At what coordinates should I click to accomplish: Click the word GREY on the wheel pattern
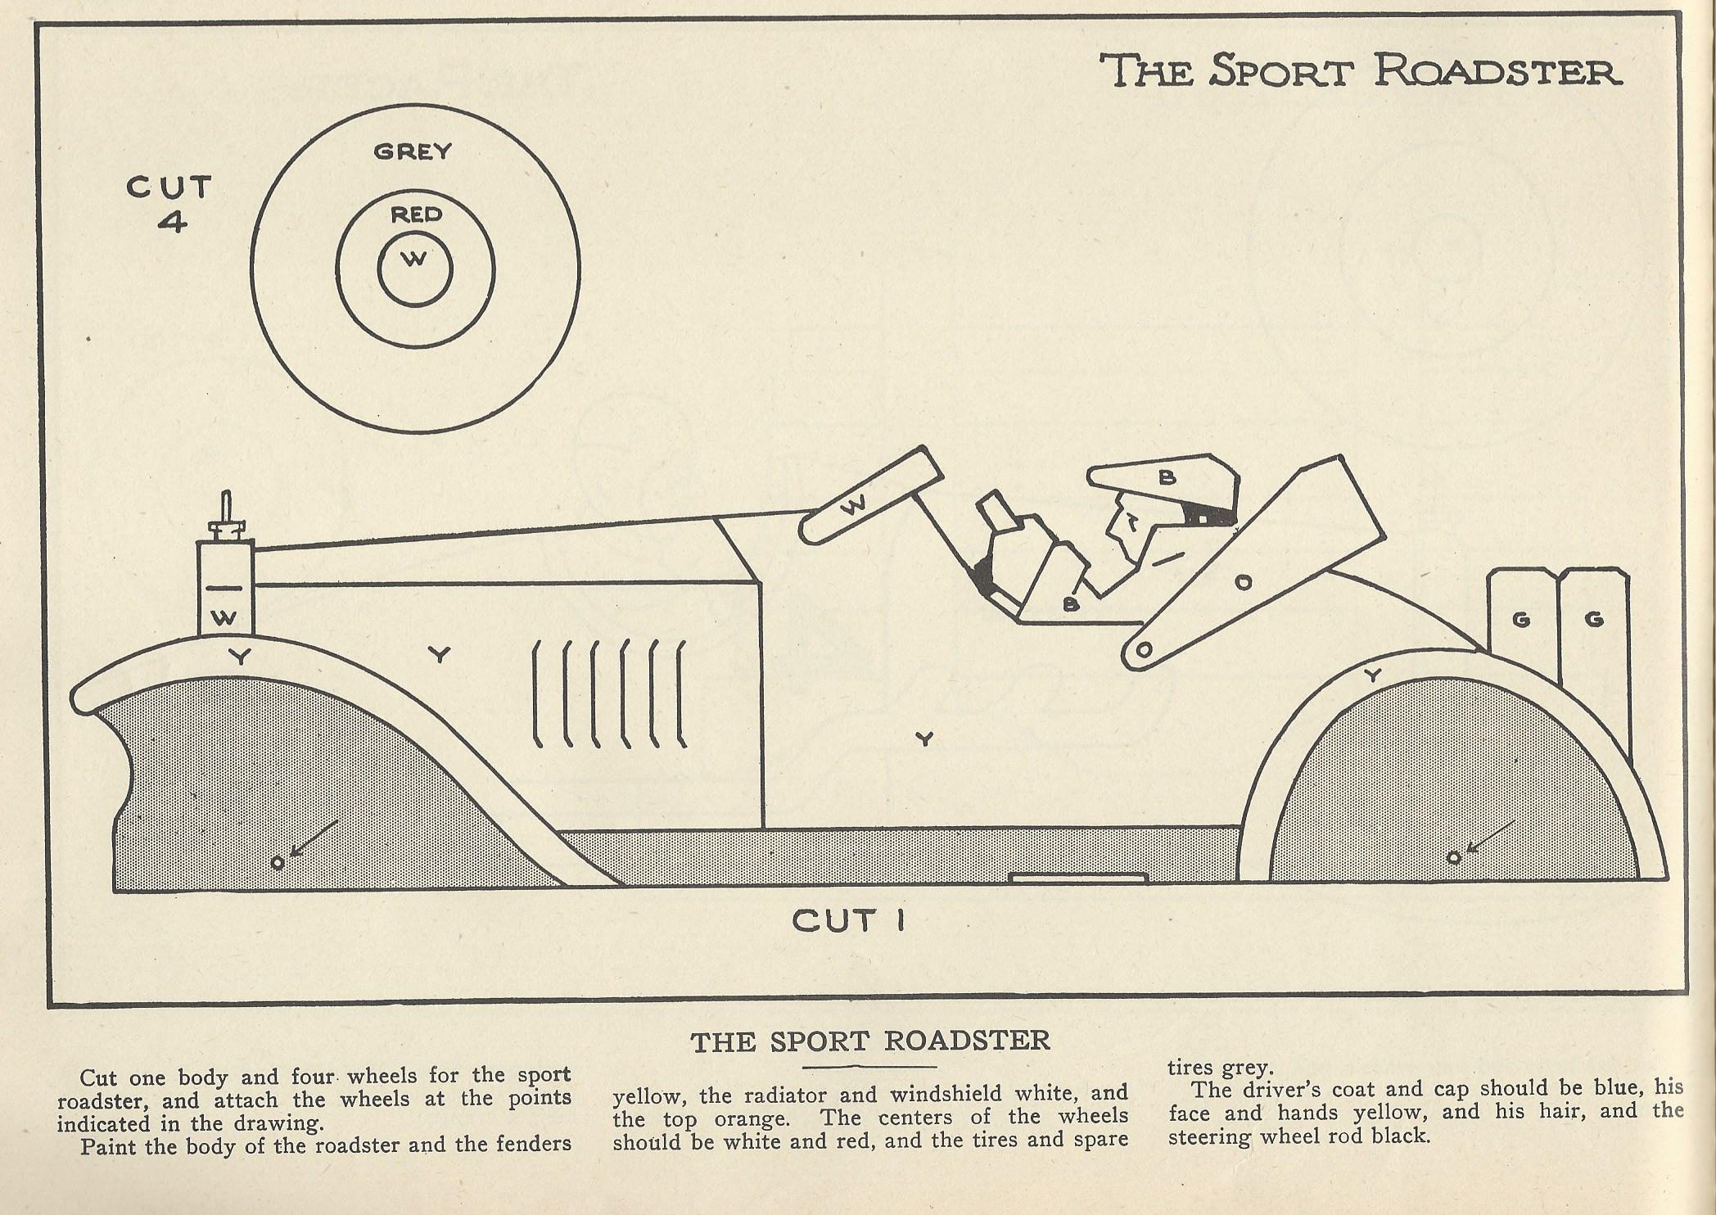click(x=413, y=151)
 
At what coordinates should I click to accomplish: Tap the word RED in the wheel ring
click(x=416, y=215)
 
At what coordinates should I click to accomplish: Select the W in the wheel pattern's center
click(x=415, y=260)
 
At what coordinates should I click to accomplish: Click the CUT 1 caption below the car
click(x=848, y=921)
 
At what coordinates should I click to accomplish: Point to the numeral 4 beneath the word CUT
click(x=172, y=222)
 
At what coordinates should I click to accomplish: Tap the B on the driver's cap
click(x=1167, y=477)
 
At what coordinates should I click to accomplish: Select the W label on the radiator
click(x=224, y=618)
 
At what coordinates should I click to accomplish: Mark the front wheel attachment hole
click(x=278, y=862)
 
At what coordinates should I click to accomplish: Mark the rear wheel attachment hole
click(x=1454, y=857)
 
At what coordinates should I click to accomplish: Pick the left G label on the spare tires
click(x=1521, y=619)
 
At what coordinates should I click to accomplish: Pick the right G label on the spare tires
click(x=1593, y=619)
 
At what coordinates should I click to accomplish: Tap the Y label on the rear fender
click(x=1373, y=675)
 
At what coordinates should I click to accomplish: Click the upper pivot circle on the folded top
click(x=1243, y=582)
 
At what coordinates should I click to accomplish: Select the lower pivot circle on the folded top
click(x=1145, y=651)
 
